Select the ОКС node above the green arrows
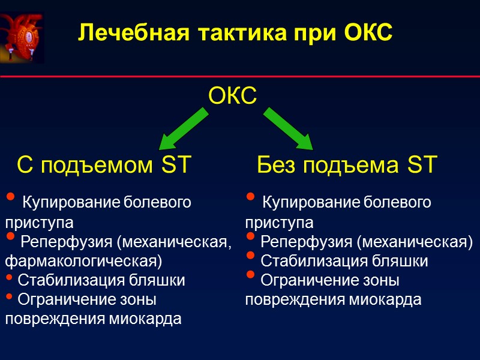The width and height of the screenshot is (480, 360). [x=233, y=95]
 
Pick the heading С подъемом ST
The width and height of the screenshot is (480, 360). [x=103, y=164]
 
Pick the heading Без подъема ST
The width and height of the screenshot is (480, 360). [x=347, y=164]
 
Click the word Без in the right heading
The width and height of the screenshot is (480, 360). [x=277, y=164]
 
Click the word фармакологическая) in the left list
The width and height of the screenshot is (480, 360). [x=83, y=262]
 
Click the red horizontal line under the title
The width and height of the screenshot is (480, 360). [x=240, y=77]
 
